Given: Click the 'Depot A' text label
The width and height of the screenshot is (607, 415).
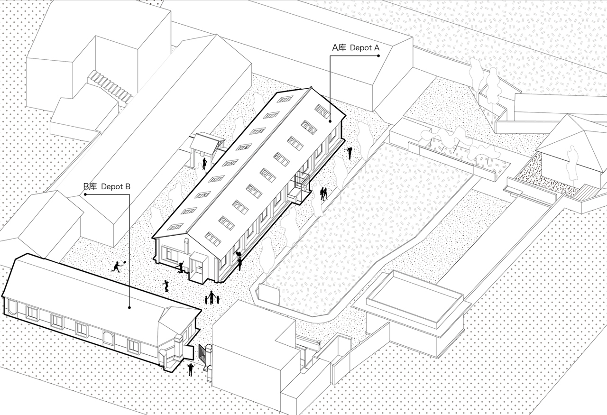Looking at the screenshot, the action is pyautogui.click(x=365, y=48).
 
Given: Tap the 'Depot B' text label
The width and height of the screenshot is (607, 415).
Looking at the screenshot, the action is pyautogui.click(x=116, y=187).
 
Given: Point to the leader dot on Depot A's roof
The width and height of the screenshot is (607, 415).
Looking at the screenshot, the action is pyautogui.click(x=330, y=121).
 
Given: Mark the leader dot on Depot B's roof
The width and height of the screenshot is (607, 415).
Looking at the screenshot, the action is pyautogui.click(x=129, y=308).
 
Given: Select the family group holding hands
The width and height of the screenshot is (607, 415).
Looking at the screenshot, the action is pyautogui.click(x=212, y=298).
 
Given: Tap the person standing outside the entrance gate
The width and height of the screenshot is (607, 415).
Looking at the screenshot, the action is pyautogui.click(x=191, y=370).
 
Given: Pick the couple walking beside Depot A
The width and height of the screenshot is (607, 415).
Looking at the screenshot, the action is pyautogui.click(x=323, y=194).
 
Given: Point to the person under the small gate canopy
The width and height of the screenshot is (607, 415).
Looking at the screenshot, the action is pyautogui.click(x=204, y=164).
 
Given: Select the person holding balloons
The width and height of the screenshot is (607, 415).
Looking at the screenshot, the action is pyautogui.click(x=239, y=261).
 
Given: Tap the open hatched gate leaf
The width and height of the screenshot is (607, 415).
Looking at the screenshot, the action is pyautogui.click(x=202, y=355).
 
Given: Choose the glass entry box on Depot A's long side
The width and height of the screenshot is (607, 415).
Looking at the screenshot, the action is pyautogui.click(x=299, y=188).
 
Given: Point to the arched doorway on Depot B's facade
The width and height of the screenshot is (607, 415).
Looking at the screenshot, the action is pyautogui.click(x=109, y=339).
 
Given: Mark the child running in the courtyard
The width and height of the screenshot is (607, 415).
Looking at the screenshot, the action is pyautogui.click(x=166, y=286).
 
